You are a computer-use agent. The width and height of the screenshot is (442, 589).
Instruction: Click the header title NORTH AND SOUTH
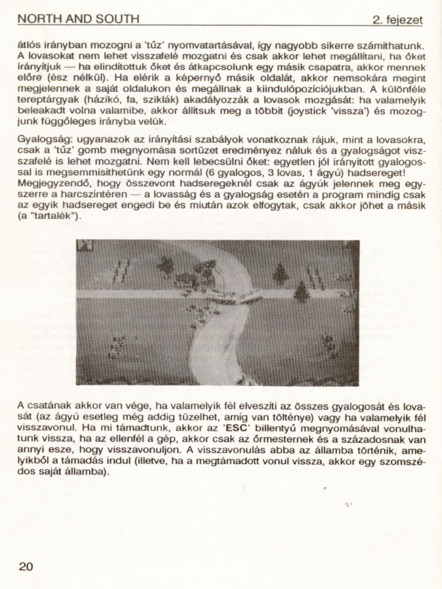(78, 19)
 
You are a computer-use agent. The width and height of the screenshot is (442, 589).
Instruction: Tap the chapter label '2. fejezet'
(397, 20)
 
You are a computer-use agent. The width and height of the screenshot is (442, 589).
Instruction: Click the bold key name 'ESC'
(233, 427)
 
